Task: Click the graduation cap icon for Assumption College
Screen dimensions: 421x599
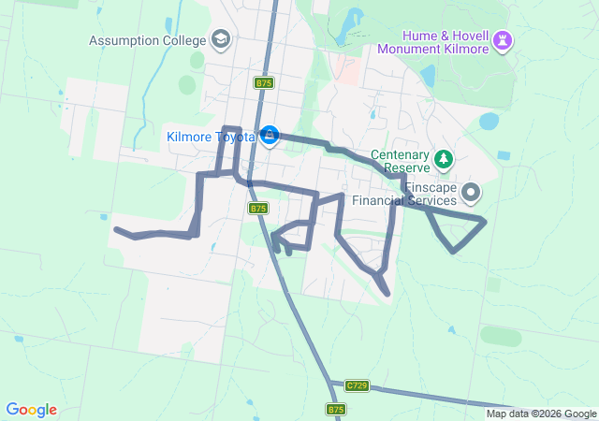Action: tap(221, 39)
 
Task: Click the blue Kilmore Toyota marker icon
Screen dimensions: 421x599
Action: tap(270, 137)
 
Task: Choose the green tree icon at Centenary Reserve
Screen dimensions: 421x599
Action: tap(444, 161)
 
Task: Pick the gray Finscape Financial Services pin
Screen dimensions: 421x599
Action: tap(471, 194)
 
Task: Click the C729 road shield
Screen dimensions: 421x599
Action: tap(356, 385)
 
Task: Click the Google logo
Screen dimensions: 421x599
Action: tap(31, 410)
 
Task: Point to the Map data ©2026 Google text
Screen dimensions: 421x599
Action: tap(540, 414)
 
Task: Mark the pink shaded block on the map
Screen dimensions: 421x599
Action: tap(345, 70)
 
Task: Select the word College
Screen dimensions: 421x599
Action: tap(184, 40)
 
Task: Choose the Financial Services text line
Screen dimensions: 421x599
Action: tap(404, 200)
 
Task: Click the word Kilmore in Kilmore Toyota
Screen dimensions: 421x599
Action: tap(190, 137)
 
